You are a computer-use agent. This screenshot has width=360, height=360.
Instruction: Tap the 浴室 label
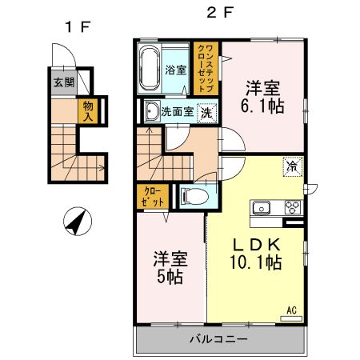point(175,70)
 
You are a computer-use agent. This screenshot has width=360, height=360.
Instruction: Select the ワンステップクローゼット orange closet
point(203,70)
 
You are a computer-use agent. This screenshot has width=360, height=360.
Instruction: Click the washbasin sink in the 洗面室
point(151,112)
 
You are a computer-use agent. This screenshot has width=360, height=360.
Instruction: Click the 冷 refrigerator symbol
point(292,167)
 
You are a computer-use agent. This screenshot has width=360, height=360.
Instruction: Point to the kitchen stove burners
point(292,208)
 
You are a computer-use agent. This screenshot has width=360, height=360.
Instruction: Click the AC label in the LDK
point(292,310)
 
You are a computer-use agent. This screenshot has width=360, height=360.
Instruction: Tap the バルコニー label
point(218,339)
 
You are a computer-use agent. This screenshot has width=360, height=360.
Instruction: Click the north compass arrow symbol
point(77,222)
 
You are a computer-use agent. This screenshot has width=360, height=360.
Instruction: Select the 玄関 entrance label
point(63,82)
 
